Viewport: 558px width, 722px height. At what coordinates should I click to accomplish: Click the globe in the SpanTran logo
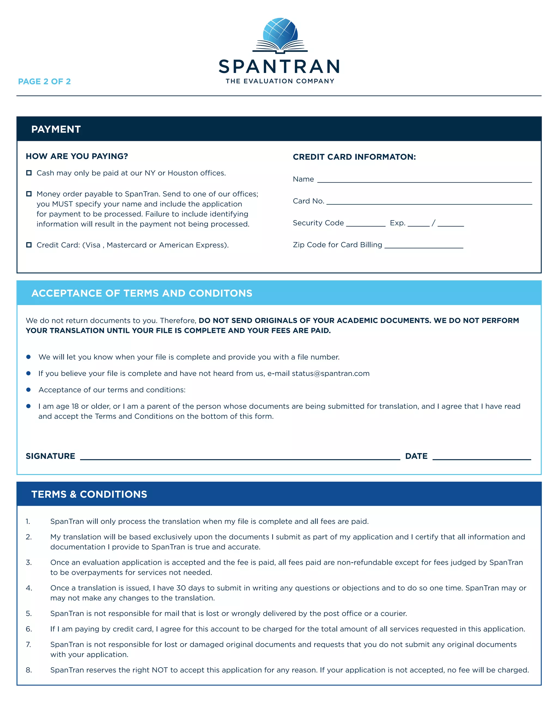280,33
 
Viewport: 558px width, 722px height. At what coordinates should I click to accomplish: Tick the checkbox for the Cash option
29,173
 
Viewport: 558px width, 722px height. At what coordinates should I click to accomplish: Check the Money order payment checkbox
29,194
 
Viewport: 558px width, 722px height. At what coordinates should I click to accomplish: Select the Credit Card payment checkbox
29,245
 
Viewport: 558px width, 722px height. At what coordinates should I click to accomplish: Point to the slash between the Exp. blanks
433,223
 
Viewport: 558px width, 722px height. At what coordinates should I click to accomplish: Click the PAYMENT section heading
56,129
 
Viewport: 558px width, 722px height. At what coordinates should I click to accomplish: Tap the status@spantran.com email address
330,374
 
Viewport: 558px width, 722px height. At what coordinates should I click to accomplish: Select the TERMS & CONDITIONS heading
89,494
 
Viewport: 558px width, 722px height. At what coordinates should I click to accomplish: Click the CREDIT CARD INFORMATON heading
354,157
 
